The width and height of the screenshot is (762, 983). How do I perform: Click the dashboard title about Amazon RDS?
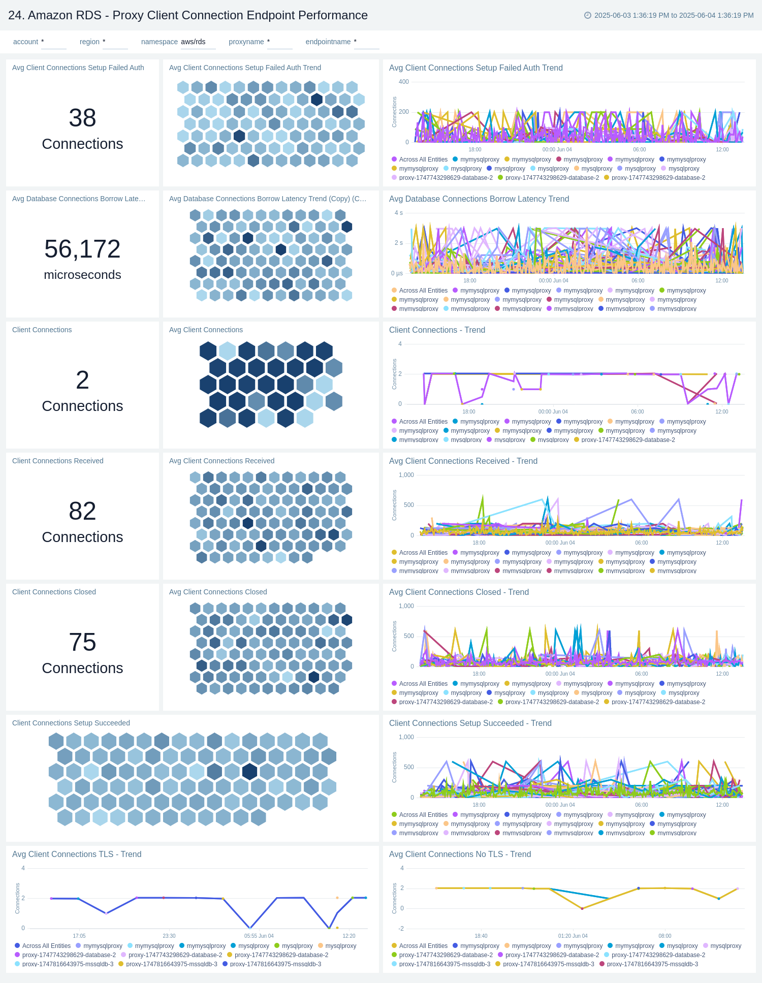(187, 15)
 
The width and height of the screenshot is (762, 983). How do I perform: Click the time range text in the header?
(674, 15)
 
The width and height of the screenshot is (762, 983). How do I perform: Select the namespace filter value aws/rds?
(193, 42)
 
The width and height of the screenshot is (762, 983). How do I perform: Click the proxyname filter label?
(246, 42)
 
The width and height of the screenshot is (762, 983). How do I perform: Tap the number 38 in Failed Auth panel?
(82, 118)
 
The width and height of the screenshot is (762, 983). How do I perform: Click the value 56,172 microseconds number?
(82, 249)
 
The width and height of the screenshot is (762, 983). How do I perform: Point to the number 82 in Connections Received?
(82, 511)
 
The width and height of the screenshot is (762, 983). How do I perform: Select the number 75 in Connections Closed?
(82, 642)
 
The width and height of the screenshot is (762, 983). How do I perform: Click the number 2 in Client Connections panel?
(82, 380)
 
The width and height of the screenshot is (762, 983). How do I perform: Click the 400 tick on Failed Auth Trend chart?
(403, 82)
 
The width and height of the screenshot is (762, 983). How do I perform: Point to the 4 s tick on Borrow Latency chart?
(398, 213)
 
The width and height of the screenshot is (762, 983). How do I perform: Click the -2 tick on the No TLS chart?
(401, 929)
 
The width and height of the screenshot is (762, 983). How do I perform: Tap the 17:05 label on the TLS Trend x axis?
(79, 936)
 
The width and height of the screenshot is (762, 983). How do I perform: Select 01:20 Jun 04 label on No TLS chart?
(573, 936)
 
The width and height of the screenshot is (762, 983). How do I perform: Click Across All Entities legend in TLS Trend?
(46, 946)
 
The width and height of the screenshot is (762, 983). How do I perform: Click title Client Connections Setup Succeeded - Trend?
(470, 723)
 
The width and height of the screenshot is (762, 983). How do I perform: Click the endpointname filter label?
(328, 42)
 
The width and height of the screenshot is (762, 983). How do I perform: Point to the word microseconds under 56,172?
(82, 275)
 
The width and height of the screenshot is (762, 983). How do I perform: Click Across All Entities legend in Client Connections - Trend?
(423, 422)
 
